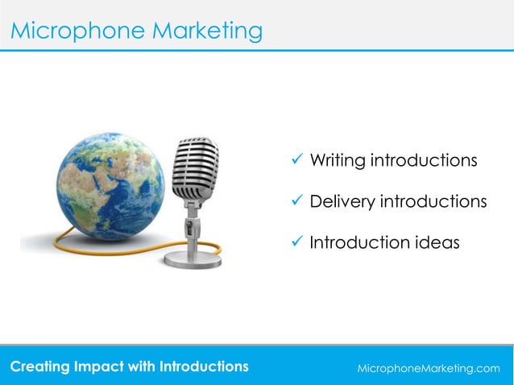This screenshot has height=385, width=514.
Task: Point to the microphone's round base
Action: [193, 259]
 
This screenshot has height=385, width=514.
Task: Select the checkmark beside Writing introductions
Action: [296, 161]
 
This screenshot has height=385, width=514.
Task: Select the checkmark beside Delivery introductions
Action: [296, 201]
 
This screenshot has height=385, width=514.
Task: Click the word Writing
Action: [338, 161]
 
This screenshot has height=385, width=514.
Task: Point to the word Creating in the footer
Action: [39, 367]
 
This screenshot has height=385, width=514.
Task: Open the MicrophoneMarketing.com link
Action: [428, 368]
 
